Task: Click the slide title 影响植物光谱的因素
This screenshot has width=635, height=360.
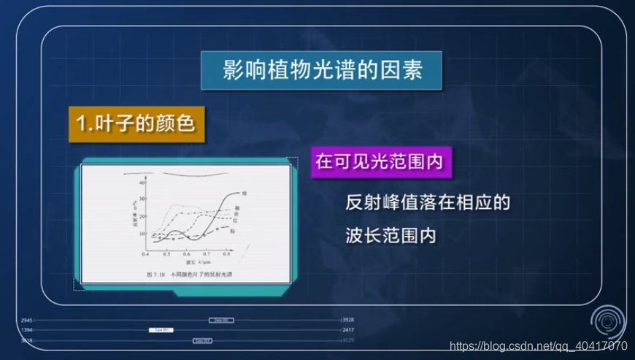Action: [x=322, y=72]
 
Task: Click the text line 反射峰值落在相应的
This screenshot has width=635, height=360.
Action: [x=426, y=202]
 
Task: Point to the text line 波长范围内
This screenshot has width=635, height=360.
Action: [x=390, y=236]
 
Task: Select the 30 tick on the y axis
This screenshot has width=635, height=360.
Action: [x=143, y=198]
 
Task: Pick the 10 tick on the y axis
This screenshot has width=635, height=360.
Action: [x=143, y=234]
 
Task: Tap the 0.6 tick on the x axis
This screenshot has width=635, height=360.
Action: [x=187, y=256]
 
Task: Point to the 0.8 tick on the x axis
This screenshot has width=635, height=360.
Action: [x=228, y=256]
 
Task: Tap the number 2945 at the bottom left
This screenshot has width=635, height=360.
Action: [x=27, y=321]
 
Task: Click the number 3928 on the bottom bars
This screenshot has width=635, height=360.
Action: [x=348, y=321]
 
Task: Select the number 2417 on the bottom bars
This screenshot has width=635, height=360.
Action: [x=348, y=330]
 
